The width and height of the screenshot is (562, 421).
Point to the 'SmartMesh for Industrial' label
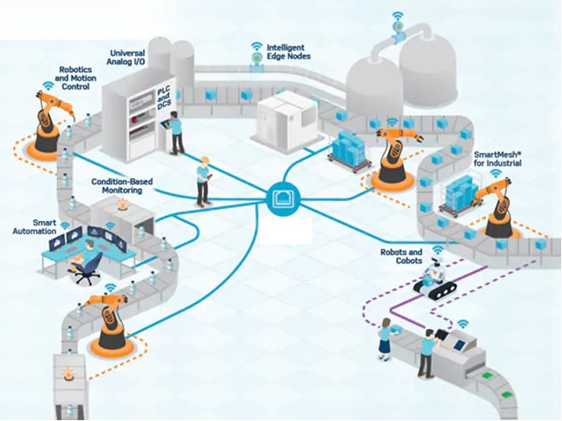[x=498, y=159]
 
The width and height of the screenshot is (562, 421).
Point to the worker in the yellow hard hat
[x=202, y=180]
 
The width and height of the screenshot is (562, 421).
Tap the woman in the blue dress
[x=386, y=338]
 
